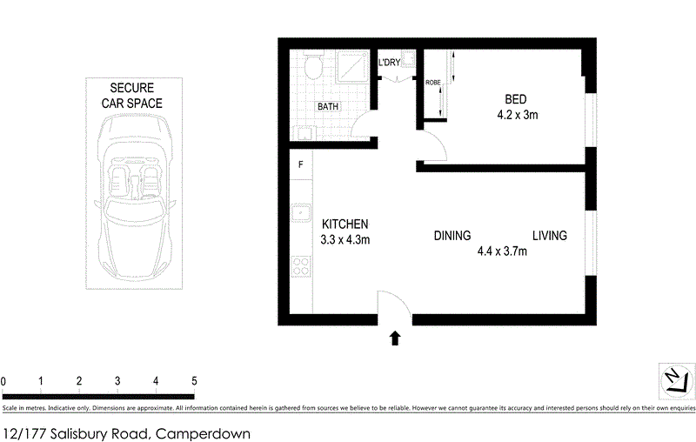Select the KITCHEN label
click(345, 224)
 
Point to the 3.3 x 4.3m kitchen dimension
click(346, 240)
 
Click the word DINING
click(452, 236)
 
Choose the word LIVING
click(550, 236)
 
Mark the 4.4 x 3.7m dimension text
click(502, 252)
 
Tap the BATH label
click(328, 107)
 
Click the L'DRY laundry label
click(389, 63)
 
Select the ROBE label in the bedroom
click(432, 83)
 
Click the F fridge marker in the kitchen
click(301, 164)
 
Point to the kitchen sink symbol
click(301, 211)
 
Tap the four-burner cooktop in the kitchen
click(301, 265)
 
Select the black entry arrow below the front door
click(395, 338)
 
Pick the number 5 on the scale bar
click(194, 381)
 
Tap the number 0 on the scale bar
click(3, 381)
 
